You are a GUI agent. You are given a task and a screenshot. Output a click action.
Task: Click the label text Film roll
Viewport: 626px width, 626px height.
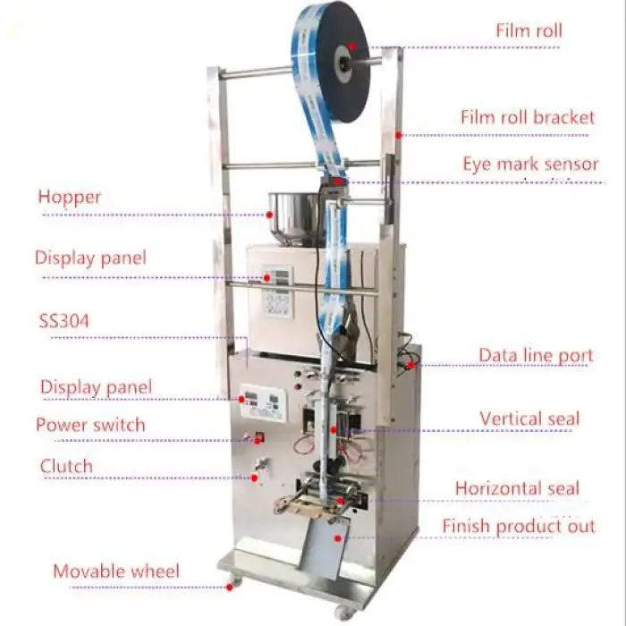[x=529, y=30]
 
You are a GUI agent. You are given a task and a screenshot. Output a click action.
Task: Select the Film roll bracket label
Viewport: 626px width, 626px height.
[x=528, y=117]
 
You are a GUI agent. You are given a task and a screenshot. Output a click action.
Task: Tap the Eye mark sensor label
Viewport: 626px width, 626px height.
[x=530, y=165]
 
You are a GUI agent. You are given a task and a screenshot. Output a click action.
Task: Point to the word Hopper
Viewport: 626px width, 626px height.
[x=70, y=197]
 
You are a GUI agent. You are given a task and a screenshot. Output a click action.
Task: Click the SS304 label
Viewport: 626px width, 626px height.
[x=63, y=320]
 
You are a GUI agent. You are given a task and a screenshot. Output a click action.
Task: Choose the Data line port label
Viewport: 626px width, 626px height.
[x=536, y=355]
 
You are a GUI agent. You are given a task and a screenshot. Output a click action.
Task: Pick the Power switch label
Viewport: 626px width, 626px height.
[x=89, y=424]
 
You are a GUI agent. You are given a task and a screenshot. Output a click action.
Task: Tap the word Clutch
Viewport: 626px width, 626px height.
[x=66, y=466]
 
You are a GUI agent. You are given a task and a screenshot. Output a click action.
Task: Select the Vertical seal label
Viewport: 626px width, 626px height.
[x=529, y=419]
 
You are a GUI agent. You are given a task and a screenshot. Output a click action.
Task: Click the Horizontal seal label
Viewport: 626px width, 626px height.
[x=517, y=488]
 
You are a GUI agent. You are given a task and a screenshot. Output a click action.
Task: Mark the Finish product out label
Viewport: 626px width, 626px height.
[x=519, y=526]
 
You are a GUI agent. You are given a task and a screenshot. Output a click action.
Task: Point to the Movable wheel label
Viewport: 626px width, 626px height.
[x=116, y=571]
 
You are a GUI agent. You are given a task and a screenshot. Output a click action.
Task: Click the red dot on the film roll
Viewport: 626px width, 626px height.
[x=352, y=46]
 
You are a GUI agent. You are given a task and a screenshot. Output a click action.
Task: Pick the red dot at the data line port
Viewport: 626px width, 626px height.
[x=410, y=364]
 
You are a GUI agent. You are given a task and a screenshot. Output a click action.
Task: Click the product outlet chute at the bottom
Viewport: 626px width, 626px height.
[x=322, y=546]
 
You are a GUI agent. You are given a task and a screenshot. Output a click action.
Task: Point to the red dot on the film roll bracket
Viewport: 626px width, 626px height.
[x=399, y=134]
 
